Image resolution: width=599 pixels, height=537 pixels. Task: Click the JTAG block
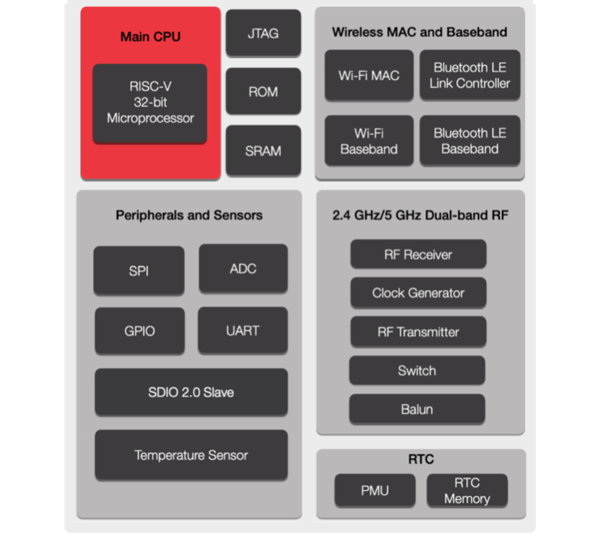click(263, 33)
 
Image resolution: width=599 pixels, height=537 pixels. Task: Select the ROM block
click(263, 91)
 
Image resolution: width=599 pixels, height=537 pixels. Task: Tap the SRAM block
click(263, 151)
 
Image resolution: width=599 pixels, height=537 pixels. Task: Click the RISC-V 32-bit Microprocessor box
click(150, 103)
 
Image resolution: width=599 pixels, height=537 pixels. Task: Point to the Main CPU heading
click(150, 36)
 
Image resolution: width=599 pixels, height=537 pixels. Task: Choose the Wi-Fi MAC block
click(369, 75)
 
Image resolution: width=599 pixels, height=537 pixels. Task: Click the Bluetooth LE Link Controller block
click(470, 75)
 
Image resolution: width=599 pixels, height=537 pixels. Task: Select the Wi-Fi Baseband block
click(369, 141)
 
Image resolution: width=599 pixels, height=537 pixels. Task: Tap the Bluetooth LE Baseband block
click(470, 141)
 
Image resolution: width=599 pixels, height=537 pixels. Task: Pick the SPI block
click(139, 270)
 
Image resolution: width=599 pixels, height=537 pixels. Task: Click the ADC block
click(243, 268)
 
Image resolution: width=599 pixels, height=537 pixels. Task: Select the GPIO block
click(140, 330)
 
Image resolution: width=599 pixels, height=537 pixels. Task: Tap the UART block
click(243, 330)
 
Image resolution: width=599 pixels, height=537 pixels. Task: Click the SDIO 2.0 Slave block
click(191, 392)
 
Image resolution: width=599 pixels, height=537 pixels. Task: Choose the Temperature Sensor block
click(191, 455)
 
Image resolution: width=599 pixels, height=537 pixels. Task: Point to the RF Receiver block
click(418, 254)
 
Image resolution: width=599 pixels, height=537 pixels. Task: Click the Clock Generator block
click(418, 293)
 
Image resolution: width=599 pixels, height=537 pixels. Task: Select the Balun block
click(417, 409)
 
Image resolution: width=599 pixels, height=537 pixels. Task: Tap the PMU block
click(375, 490)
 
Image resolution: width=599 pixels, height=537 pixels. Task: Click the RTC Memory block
click(467, 490)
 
